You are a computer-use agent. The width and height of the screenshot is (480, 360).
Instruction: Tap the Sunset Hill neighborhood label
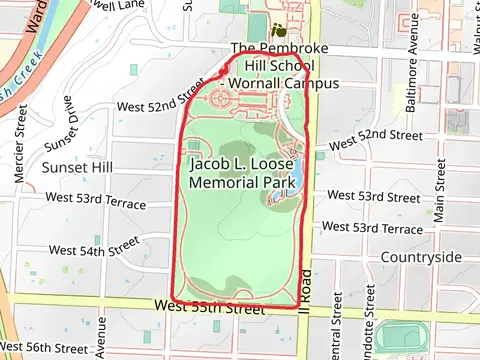(x=77, y=166)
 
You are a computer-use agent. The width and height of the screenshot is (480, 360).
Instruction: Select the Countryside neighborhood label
(x=421, y=257)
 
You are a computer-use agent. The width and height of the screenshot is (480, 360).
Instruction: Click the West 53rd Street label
(x=374, y=197)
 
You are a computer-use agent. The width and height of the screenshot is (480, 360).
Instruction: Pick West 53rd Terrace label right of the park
(x=375, y=229)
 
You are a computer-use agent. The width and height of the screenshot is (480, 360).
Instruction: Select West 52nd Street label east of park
(x=375, y=134)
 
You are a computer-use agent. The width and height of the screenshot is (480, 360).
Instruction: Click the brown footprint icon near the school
(x=276, y=30)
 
